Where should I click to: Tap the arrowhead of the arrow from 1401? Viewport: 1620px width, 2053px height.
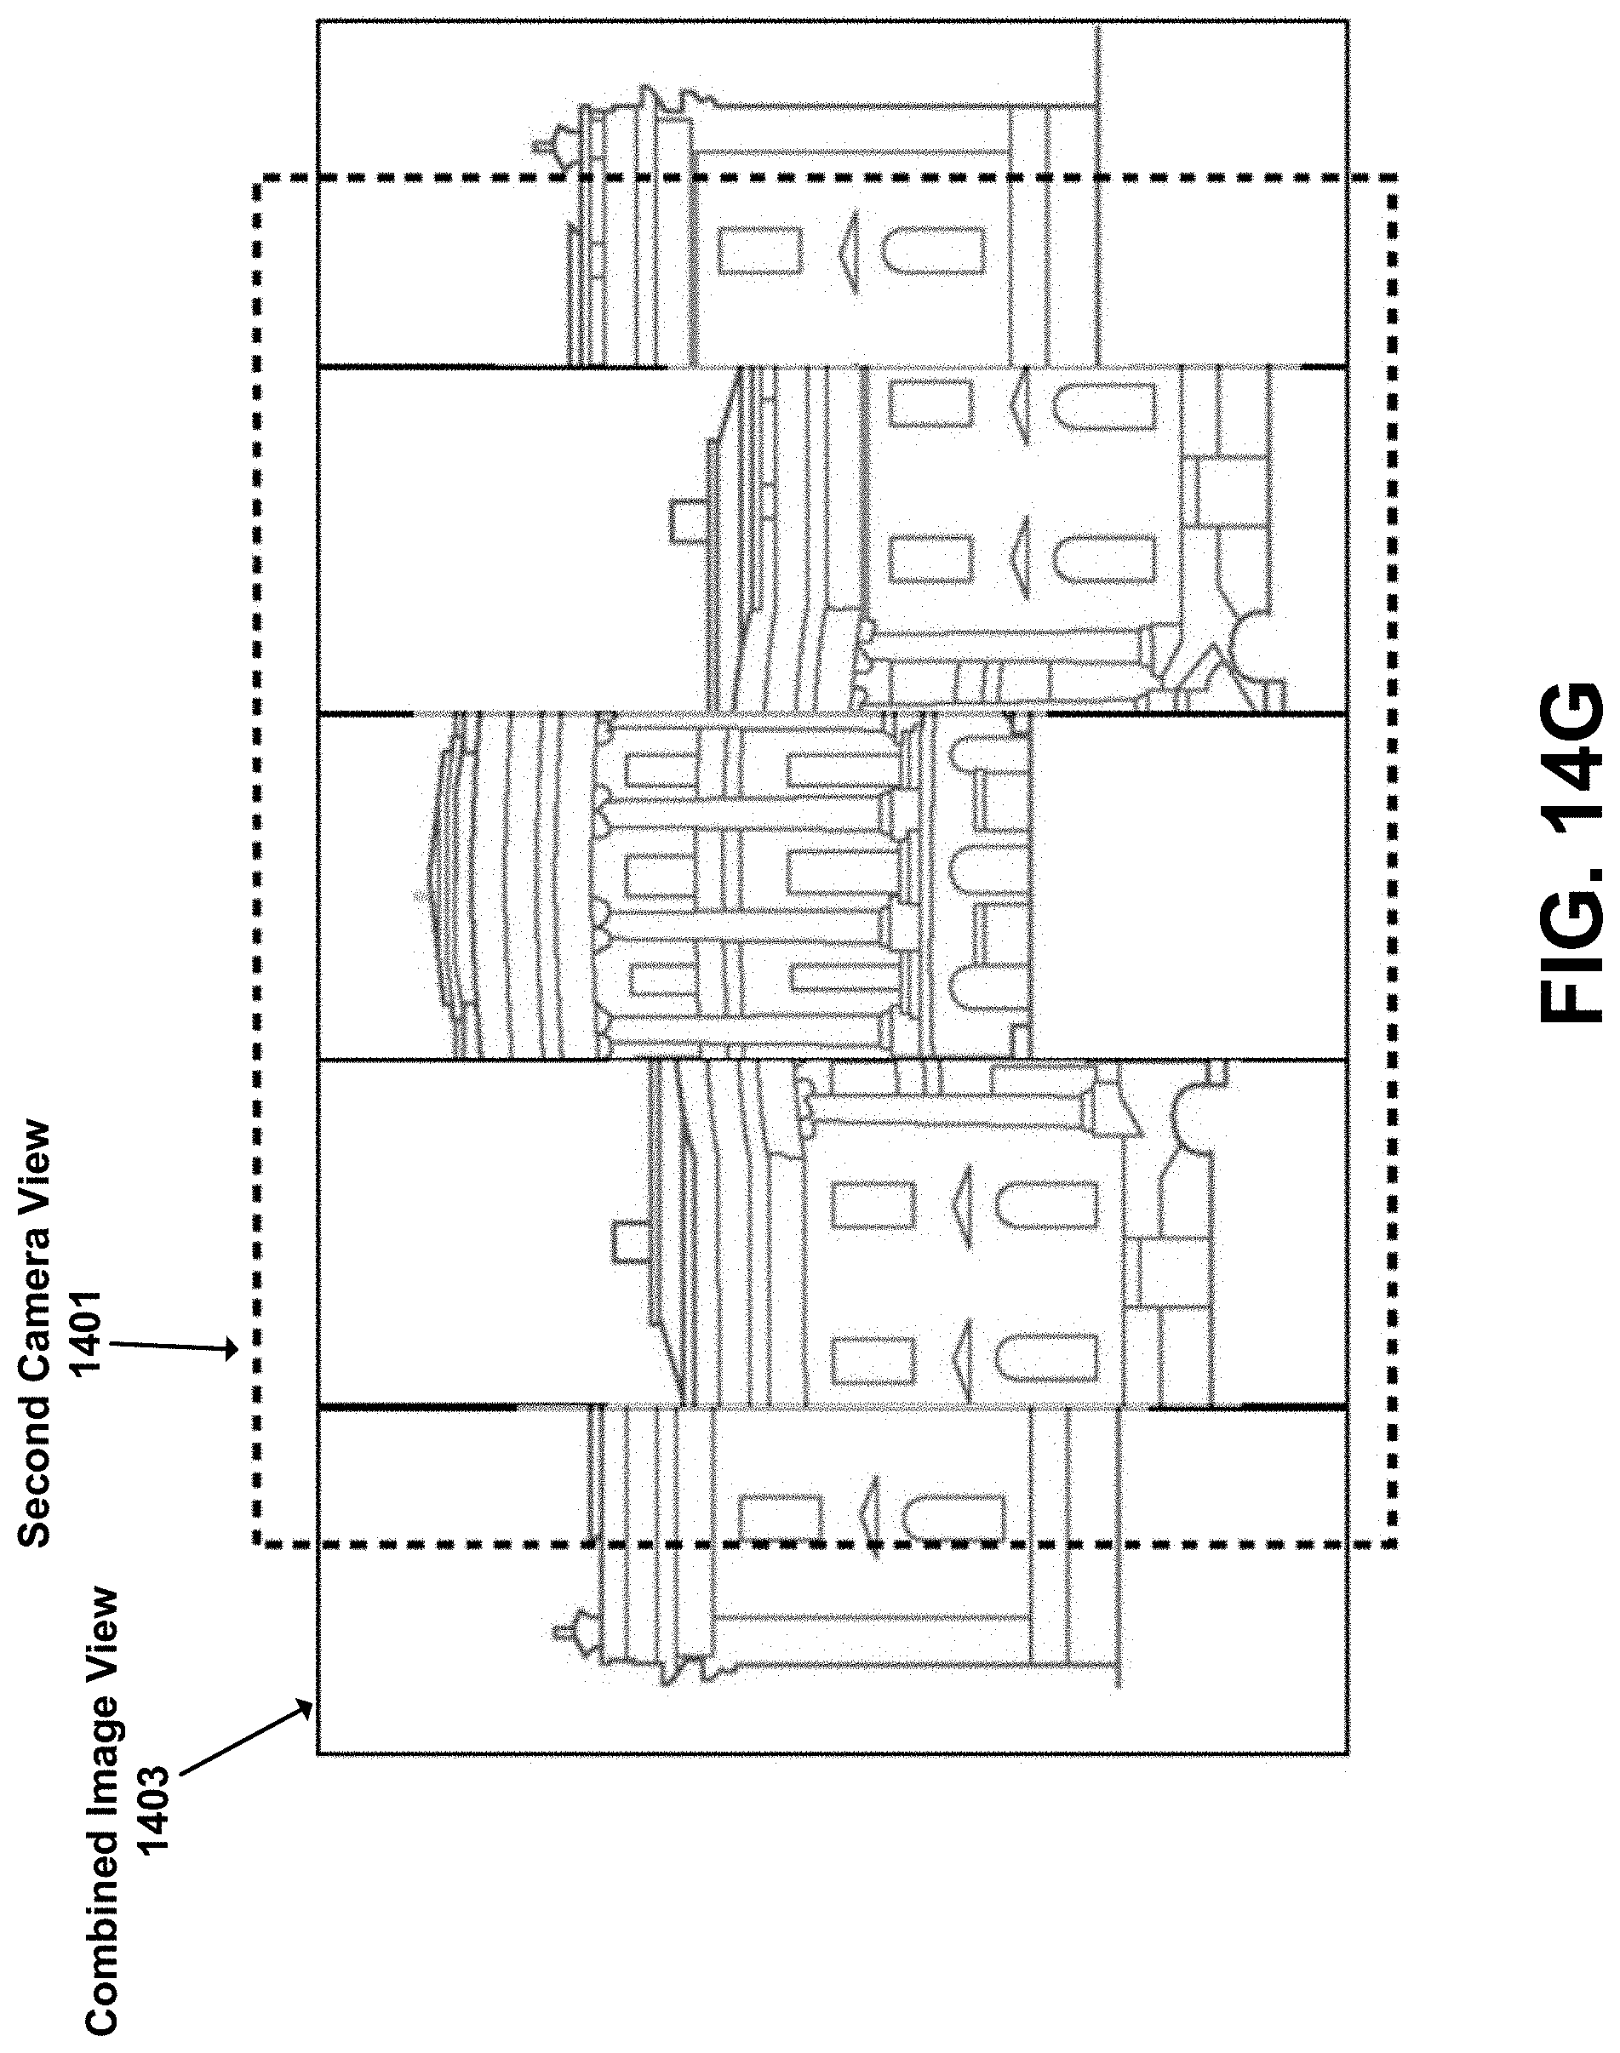point(233,1348)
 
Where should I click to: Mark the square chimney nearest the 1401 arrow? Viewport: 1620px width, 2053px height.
point(627,1241)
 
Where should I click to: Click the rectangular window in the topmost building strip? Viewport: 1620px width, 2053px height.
point(759,250)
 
